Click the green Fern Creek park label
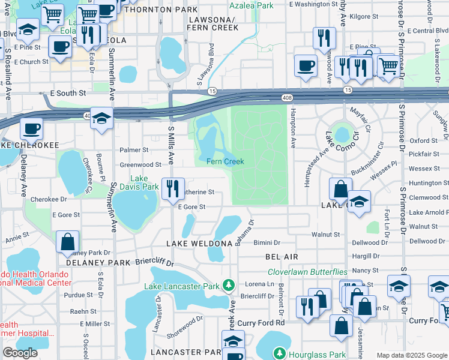[x=225, y=161]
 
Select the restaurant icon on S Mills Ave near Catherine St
[x=173, y=188]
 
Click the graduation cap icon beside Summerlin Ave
[x=102, y=119]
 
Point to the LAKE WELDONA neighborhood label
[x=199, y=243]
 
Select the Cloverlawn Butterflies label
[x=307, y=272]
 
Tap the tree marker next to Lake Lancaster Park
[x=228, y=285]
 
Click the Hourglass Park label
[x=317, y=355]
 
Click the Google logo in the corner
[x=19, y=353]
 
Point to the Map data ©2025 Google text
[x=411, y=355]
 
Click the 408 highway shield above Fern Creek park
[x=288, y=97]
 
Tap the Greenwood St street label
[x=140, y=164]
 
